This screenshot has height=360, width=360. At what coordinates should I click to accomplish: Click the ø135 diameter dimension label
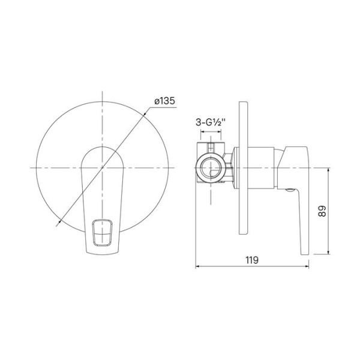click(164, 101)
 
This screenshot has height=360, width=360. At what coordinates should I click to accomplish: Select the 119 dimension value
click(251, 260)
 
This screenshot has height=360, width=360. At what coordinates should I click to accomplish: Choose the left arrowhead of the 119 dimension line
click(198, 268)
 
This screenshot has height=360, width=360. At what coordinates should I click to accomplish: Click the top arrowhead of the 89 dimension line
click(329, 169)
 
